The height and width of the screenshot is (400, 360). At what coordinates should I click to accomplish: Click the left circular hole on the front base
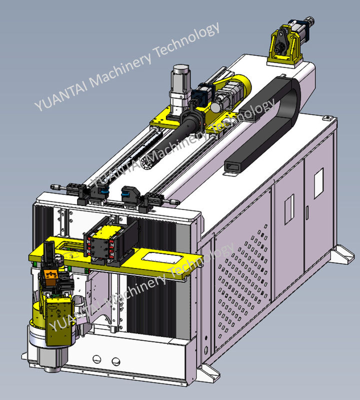[96, 359]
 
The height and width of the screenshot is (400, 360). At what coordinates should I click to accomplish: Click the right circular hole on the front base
[116, 361]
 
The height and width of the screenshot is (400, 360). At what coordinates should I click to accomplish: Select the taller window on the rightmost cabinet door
[318, 183]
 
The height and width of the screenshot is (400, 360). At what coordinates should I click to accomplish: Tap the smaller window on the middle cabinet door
[289, 209]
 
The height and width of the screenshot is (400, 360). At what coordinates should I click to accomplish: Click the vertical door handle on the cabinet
[307, 213]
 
